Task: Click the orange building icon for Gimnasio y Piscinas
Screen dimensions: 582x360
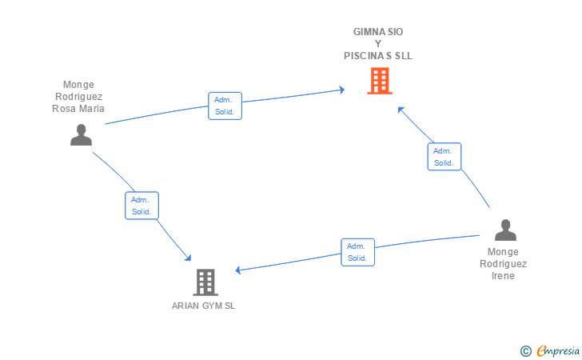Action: click(380, 81)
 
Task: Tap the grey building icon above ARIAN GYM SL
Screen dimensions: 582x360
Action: click(205, 282)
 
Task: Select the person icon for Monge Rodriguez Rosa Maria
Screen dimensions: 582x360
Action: click(81, 134)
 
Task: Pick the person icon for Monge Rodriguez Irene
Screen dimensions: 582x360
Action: click(505, 230)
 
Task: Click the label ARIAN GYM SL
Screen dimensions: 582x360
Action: click(203, 306)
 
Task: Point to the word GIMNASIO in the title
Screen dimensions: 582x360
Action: click(378, 32)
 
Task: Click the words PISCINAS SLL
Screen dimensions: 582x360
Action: click(378, 56)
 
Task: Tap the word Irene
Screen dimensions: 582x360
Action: click(503, 276)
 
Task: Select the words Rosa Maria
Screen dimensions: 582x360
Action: click(78, 109)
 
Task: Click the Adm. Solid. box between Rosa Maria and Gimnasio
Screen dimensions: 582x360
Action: click(225, 106)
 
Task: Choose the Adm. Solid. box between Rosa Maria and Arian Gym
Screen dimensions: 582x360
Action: click(142, 206)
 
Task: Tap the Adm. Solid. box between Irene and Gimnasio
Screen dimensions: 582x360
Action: click(444, 157)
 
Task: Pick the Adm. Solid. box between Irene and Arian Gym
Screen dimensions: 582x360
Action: click(358, 252)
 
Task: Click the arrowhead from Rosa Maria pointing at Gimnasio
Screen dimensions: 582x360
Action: click(342, 90)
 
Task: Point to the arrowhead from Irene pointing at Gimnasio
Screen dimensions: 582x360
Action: click(401, 110)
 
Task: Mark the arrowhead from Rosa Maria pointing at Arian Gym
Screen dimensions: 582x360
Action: click(188, 258)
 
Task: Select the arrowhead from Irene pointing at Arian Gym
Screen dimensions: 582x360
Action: click(238, 270)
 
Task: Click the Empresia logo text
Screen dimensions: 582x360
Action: click(558, 350)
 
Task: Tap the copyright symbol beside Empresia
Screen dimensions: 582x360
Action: click(525, 351)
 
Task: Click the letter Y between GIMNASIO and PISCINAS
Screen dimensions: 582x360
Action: click(378, 44)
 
